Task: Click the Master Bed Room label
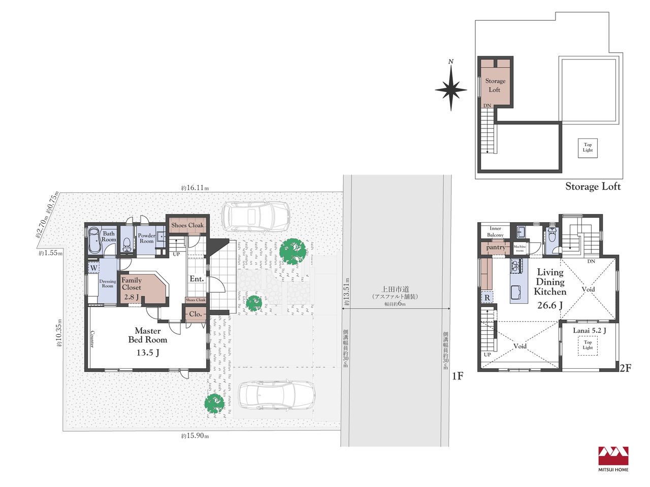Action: coord(147,335)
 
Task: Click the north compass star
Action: coord(451,88)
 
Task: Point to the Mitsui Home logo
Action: coord(613,459)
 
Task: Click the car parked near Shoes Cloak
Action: coord(256,216)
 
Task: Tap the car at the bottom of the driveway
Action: coord(276,395)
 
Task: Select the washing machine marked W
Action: coord(93,268)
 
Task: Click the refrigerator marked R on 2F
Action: coord(487,298)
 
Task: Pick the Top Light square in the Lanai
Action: coord(588,345)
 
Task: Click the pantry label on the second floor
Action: coord(496,247)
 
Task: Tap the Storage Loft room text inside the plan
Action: coord(495,85)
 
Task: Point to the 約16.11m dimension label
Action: coord(195,188)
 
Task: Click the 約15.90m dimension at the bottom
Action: coord(195,436)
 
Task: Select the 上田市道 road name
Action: coord(395,289)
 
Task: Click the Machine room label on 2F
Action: coord(519,249)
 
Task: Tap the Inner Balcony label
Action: coord(495,231)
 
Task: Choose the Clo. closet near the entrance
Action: coord(196,314)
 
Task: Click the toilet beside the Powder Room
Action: coord(126,243)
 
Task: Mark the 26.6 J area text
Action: coord(549,305)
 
